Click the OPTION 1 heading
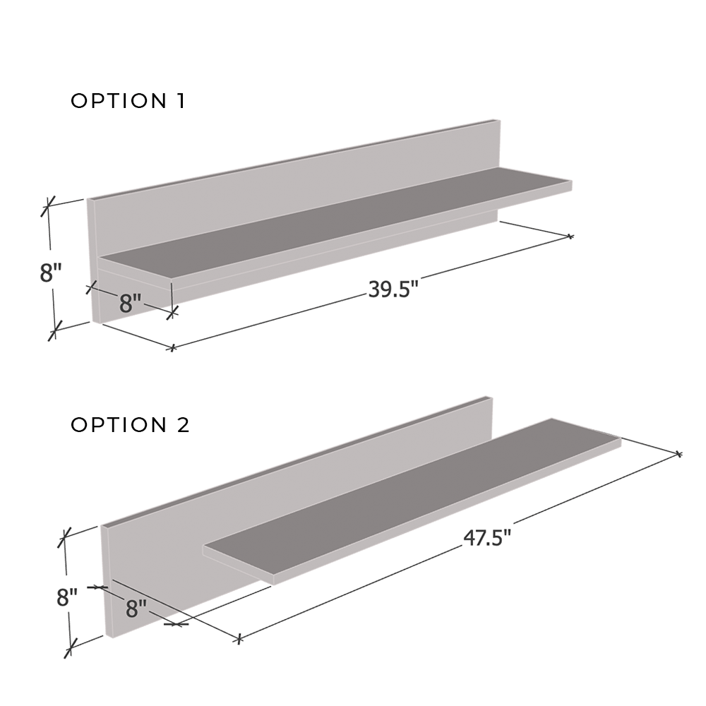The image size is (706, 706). [128, 101]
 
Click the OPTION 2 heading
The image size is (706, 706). [130, 425]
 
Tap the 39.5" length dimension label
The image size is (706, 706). [393, 289]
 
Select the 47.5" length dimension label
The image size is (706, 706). [487, 538]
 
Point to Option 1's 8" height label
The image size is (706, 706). [51, 273]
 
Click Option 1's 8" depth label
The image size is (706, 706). [131, 304]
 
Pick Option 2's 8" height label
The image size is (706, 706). [67, 598]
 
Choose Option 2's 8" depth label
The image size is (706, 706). [136, 608]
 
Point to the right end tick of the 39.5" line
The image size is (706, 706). [570, 236]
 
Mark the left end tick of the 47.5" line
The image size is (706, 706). [239, 639]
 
